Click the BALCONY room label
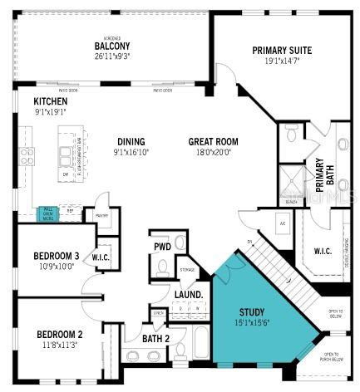[110, 46]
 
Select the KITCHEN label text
[27, 100]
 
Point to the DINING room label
[131, 141]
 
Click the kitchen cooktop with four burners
[27, 155]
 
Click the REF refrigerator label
[70, 211]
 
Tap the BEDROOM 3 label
[57, 255]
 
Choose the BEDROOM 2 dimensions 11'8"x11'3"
[57, 345]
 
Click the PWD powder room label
[162, 246]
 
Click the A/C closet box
[282, 223]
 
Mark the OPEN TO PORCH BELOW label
[336, 357]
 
